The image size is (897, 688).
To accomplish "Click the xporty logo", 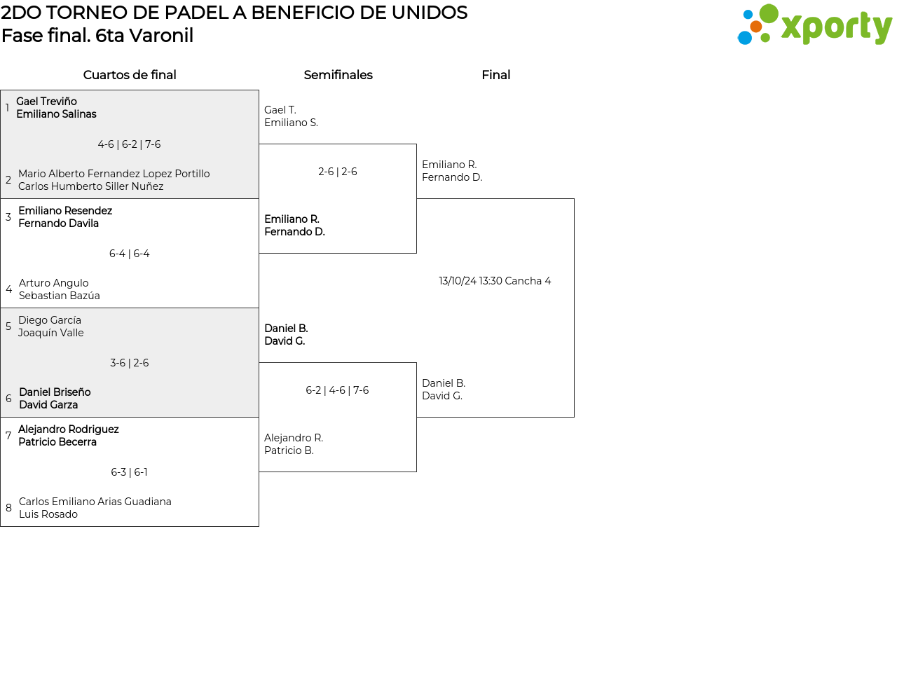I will coord(814,26).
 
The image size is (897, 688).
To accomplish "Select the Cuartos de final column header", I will coord(130,75).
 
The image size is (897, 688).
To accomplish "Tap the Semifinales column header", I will coord(338,75).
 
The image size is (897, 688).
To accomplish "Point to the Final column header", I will coord(495,75).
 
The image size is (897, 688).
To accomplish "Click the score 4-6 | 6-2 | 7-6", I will coord(129,144).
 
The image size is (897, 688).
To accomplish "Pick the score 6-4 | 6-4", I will coord(129,254).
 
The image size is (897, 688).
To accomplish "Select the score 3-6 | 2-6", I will coord(129,363).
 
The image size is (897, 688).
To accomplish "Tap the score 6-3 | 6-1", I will coord(129,472).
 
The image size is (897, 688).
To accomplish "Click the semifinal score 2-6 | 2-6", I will coord(337,172).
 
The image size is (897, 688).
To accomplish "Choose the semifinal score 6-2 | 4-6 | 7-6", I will coord(337,390).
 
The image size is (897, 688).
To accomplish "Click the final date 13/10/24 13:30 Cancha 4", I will coord(495,281).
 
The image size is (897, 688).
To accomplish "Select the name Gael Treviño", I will coord(46,102).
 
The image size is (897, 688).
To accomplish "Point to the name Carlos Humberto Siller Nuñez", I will coord(90,186).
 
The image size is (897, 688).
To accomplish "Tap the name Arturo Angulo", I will coord(53,283).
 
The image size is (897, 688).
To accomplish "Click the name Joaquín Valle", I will coord(50,333).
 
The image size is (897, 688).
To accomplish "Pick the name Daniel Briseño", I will coord(55,392).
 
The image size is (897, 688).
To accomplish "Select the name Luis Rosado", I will coord(48,514).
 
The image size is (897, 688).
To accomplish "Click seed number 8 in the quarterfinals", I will coord(8,508).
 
